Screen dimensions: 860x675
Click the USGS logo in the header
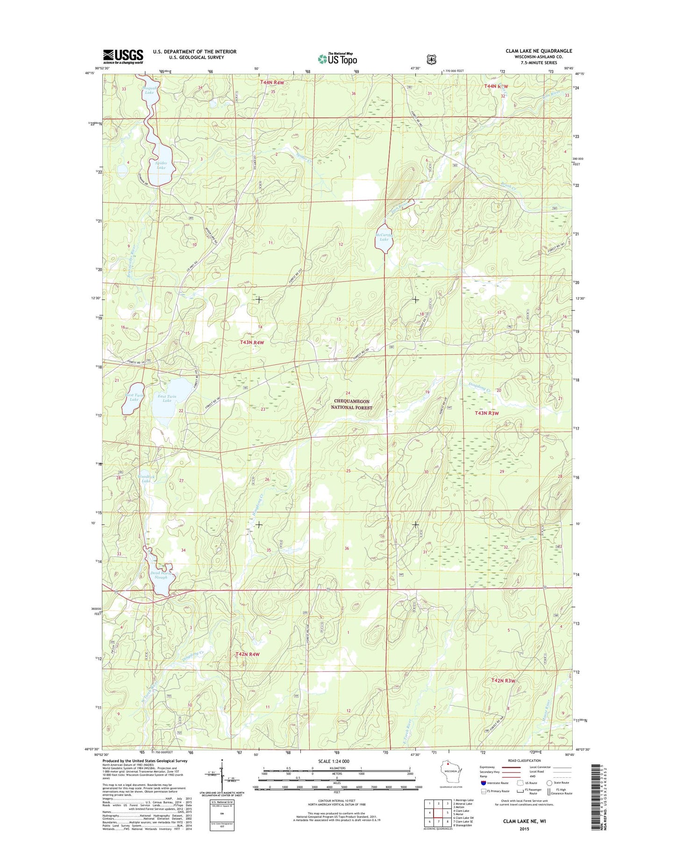coord(123,56)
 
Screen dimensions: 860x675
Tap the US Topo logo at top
coord(337,58)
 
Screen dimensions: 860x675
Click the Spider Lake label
coord(161,165)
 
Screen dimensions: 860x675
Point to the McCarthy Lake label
coord(384,237)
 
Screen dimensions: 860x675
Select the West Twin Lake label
coord(134,397)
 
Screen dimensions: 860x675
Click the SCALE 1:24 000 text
coord(334,761)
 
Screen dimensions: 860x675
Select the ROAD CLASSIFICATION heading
coord(525,761)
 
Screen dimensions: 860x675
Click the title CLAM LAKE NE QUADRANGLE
coord(538,51)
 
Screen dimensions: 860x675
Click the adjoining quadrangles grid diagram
coord(438,813)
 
